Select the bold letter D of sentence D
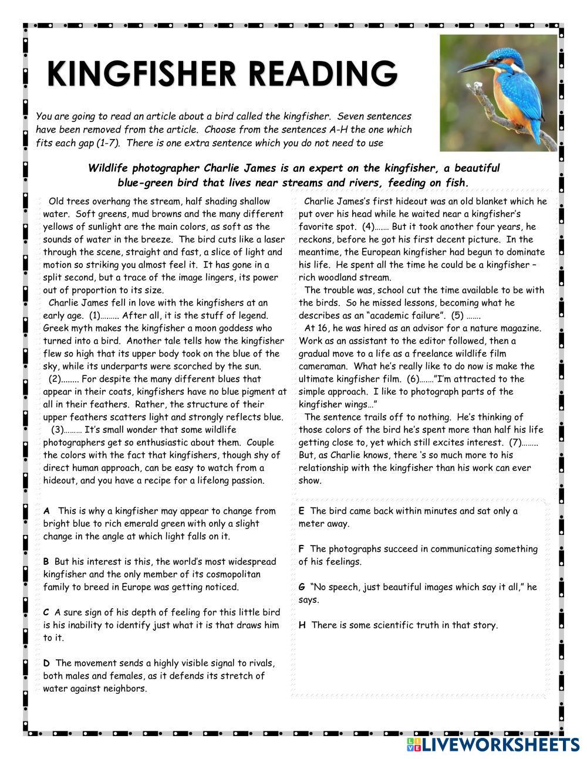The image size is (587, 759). tap(46, 663)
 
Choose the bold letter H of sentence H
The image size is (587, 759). tap(302, 625)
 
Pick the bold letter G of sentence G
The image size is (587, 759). tap(302, 587)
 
